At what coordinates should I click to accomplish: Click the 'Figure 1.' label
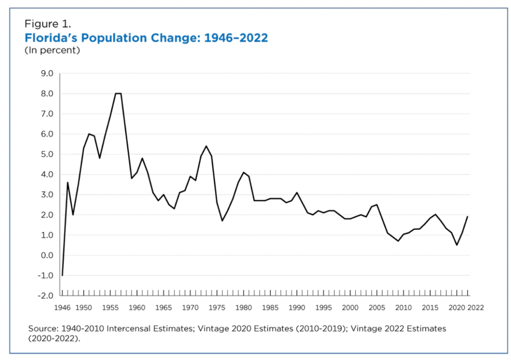pos(48,24)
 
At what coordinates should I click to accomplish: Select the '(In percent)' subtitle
pos(52,51)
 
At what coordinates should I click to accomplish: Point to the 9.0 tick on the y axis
pos(46,74)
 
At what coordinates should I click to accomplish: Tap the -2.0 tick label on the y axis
pos(45,296)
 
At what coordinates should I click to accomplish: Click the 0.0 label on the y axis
pos(46,256)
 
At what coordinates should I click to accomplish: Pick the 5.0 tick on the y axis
pos(46,154)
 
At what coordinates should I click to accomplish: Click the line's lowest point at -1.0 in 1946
pos(62,275)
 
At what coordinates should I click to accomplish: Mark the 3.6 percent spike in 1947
pos(68,183)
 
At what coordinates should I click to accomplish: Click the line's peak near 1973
pos(206,146)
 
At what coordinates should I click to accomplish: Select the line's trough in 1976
pos(222,221)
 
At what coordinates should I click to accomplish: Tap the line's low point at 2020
pos(457,245)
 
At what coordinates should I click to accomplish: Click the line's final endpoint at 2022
pos(468,216)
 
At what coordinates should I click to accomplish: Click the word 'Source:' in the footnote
pos(43,329)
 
